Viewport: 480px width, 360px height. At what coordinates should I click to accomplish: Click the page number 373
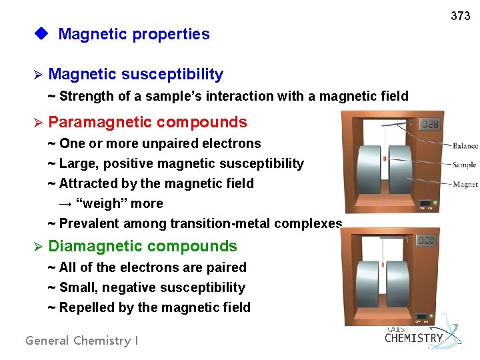(x=460, y=16)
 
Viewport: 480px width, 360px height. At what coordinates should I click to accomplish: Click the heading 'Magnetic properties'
(x=133, y=34)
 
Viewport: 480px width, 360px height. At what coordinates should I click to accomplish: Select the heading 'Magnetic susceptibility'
(x=135, y=74)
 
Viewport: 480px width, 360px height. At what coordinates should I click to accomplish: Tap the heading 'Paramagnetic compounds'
(x=147, y=122)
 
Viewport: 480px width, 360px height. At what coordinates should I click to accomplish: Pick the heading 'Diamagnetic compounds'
(x=143, y=246)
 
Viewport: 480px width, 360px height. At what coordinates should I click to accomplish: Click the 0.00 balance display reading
(x=426, y=240)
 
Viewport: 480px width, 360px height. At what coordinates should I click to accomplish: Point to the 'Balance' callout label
(x=465, y=146)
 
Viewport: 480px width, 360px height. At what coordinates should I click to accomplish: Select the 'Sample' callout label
(x=465, y=165)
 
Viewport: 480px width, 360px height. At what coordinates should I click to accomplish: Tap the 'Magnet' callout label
(x=465, y=184)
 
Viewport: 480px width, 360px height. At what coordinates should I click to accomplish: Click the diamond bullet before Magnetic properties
(x=43, y=34)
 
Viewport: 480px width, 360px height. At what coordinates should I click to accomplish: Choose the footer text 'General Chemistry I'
(x=82, y=341)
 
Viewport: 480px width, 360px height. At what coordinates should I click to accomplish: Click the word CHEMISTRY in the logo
(x=413, y=338)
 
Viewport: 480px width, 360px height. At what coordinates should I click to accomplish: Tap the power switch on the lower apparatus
(x=423, y=316)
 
